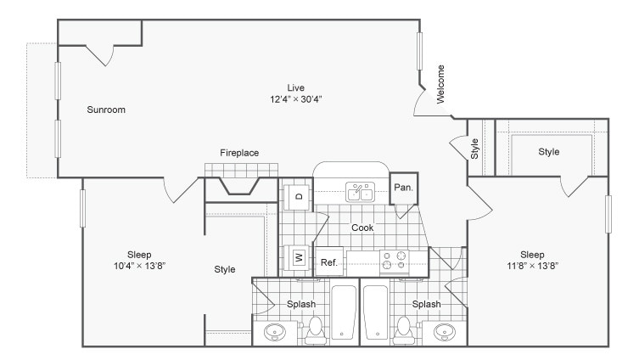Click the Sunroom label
[106, 110]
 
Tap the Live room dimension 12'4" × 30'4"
[295, 99]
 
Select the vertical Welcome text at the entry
[440, 84]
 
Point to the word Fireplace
[239, 153]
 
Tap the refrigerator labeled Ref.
[329, 262]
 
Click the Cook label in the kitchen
[362, 228]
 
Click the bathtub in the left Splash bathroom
[344, 313]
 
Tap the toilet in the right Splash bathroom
[405, 329]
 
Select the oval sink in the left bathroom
[276, 331]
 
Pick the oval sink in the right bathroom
[444, 331]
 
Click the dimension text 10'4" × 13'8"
[139, 266]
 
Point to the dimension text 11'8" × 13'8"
[532, 266]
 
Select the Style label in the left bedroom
[224, 270]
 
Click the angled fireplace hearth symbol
[240, 184]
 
